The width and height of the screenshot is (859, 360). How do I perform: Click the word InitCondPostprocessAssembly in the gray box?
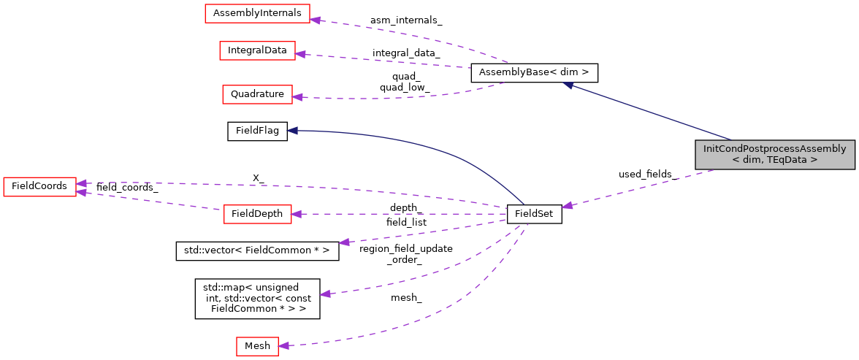coord(774,148)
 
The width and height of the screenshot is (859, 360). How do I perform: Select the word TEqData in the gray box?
coord(787,159)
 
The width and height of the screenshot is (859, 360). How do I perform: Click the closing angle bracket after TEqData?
coord(814,159)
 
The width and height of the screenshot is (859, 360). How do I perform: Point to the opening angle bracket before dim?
coord(736,159)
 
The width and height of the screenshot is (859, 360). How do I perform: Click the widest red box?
coord(257,13)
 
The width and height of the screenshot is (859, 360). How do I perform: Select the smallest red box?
coord(257,346)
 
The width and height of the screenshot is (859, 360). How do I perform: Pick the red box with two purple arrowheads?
coord(39,187)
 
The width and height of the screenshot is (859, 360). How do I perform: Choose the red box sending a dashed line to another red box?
coord(257,214)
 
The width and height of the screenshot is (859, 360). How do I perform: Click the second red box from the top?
coord(257,50)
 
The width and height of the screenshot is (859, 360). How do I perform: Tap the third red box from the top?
coord(257,94)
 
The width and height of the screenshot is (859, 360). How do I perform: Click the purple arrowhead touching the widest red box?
coord(315,19)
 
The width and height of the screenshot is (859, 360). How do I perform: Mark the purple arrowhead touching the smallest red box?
coord(283,345)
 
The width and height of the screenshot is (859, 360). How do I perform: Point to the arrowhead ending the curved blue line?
coord(291,130)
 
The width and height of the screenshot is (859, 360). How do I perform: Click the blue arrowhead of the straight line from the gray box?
coord(568,85)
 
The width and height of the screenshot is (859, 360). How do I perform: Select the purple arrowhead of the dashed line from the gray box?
coord(567,206)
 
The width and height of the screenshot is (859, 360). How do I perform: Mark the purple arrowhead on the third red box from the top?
coord(297,96)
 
